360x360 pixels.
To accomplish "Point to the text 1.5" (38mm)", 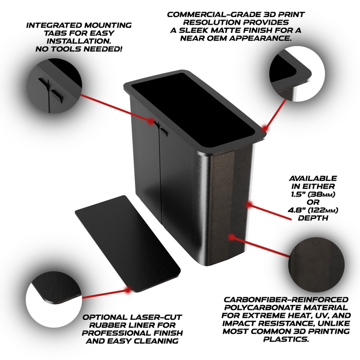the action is tap(313, 194).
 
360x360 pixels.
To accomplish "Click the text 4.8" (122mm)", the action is tap(313, 210).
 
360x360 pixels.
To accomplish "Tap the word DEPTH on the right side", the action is tap(313, 218).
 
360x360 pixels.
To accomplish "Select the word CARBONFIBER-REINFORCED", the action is tap(286, 300).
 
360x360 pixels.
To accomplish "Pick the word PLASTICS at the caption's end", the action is tap(286, 339).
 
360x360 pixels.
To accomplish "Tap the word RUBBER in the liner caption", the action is tap(106, 325).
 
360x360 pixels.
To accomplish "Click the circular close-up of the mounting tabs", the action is tap(54, 85).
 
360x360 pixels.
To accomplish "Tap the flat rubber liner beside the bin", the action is tap(128, 244).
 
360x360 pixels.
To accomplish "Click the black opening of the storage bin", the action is tap(193, 110).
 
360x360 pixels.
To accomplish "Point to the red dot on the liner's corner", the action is tap(127, 290).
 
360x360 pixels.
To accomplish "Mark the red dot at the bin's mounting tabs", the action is tap(151, 121).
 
